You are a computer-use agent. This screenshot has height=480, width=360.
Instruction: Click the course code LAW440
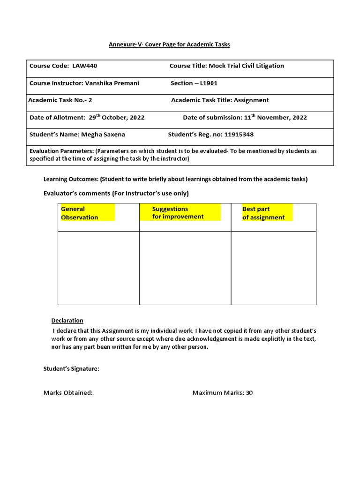click(x=85, y=66)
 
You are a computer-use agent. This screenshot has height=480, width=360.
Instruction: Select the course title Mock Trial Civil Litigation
click(x=246, y=66)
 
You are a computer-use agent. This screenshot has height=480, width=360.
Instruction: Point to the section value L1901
click(x=209, y=83)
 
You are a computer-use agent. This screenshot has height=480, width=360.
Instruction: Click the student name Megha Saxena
click(x=103, y=135)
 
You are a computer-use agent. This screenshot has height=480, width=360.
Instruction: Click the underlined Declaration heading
click(x=67, y=321)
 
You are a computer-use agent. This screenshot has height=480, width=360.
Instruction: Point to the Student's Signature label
click(x=71, y=369)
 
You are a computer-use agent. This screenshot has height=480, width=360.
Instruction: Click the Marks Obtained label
click(x=68, y=393)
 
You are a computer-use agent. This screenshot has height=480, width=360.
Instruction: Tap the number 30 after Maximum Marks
click(x=249, y=393)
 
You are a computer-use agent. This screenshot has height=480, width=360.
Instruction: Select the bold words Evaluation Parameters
click(x=61, y=151)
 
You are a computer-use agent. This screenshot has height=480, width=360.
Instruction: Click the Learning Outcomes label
click(x=71, y=179)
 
